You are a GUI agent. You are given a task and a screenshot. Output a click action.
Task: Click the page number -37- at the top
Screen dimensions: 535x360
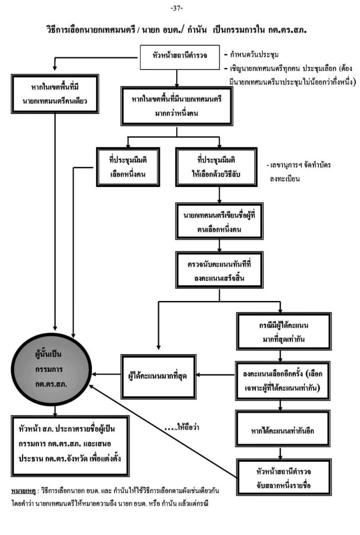click(180, 8)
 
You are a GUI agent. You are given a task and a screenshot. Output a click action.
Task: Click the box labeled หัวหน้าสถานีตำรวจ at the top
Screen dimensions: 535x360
click(178, 57)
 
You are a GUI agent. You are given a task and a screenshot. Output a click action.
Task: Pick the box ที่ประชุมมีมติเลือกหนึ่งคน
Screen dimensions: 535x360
click(127, 167)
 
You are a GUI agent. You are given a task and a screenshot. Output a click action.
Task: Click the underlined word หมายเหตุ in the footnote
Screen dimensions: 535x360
click(22, 493)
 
